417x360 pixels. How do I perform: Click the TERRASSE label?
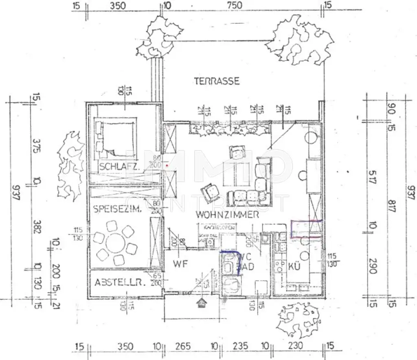tap(217, 81)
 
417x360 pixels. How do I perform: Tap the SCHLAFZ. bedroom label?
tap(119, 166)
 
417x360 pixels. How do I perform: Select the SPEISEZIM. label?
tap(117, 209)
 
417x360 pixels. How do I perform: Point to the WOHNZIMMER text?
tap(227, 214)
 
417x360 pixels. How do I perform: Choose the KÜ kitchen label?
tap(294, 266)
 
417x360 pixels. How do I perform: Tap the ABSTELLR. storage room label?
tap(120, 282)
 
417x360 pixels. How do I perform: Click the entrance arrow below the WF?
tap(201, 303)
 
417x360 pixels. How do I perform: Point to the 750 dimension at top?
tap(235, 5)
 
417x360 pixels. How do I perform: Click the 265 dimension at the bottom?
tap(183, 346)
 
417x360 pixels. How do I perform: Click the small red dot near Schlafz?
tap(167, 166)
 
